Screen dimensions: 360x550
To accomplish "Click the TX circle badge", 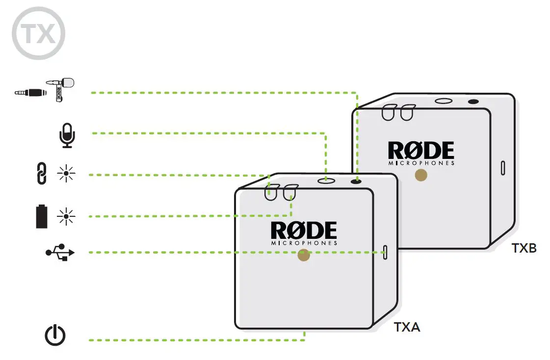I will (38, 33).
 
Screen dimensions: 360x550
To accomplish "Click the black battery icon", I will (43, 216).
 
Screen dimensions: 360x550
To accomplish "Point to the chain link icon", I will (42, 175).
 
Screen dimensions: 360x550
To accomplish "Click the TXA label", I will (407, 327).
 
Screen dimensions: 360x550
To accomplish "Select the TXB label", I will (524, 248).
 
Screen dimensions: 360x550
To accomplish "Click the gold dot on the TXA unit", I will (304, 255).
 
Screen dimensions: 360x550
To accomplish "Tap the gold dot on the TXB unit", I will (420, 176).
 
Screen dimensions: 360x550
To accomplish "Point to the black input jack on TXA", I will (357, 181).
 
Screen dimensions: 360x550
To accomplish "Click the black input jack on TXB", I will (473, 102).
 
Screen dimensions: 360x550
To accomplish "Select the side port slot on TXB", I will (502, 167).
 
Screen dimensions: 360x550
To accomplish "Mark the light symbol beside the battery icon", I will (64, 216).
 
